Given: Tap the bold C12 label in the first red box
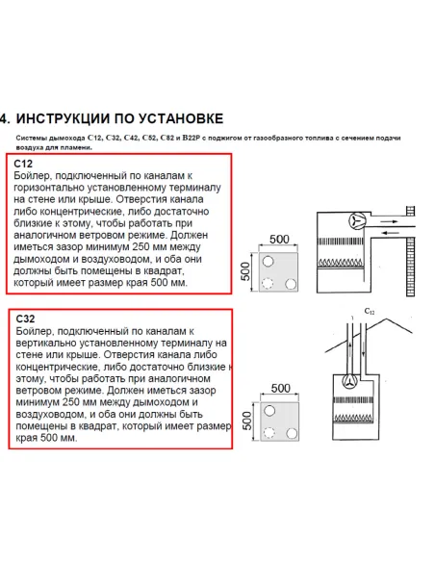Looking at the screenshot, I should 25,165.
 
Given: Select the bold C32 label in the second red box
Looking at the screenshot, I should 27,316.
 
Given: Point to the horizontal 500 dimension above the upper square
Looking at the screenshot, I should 279,238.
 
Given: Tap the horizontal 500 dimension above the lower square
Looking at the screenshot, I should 280,388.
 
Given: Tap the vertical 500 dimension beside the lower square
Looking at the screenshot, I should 245,421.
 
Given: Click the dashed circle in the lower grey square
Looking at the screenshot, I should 269,434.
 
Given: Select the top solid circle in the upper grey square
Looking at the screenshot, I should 269,261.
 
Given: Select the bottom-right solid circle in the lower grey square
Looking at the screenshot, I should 290,434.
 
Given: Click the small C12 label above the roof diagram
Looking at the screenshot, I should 370,311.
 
